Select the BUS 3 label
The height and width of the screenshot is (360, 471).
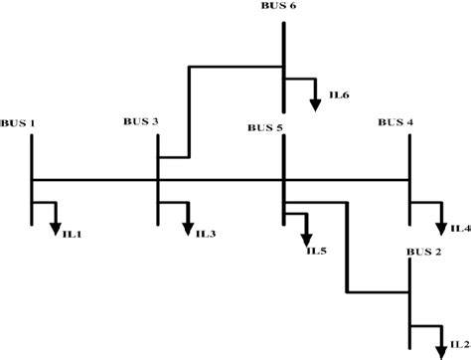click(x=141, y=121)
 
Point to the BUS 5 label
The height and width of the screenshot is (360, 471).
click(x=265, y=127)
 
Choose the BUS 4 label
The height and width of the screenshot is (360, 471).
click(x=395, y=122)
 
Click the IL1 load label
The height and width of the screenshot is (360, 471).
click(x=73, y=235)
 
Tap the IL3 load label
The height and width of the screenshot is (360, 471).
click(x=205, y=235)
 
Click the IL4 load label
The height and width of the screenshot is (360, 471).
click(x=460, y=229)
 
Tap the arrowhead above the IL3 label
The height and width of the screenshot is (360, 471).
click(x=186, y=227)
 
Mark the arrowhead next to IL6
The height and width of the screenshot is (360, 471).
click(x=315, y=102)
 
